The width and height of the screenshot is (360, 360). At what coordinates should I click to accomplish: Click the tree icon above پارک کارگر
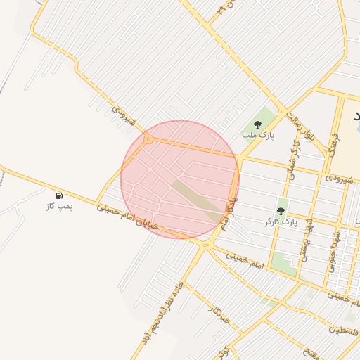[x=281, y=211]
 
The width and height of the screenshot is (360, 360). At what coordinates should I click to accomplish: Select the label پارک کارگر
[x=281, y=221]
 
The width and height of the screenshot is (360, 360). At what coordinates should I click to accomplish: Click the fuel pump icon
[x=59, y=195]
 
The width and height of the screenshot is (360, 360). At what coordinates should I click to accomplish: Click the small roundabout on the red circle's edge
[x=148, y=140]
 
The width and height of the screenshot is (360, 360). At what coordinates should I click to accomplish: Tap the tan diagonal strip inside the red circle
[x=196, y=200]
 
